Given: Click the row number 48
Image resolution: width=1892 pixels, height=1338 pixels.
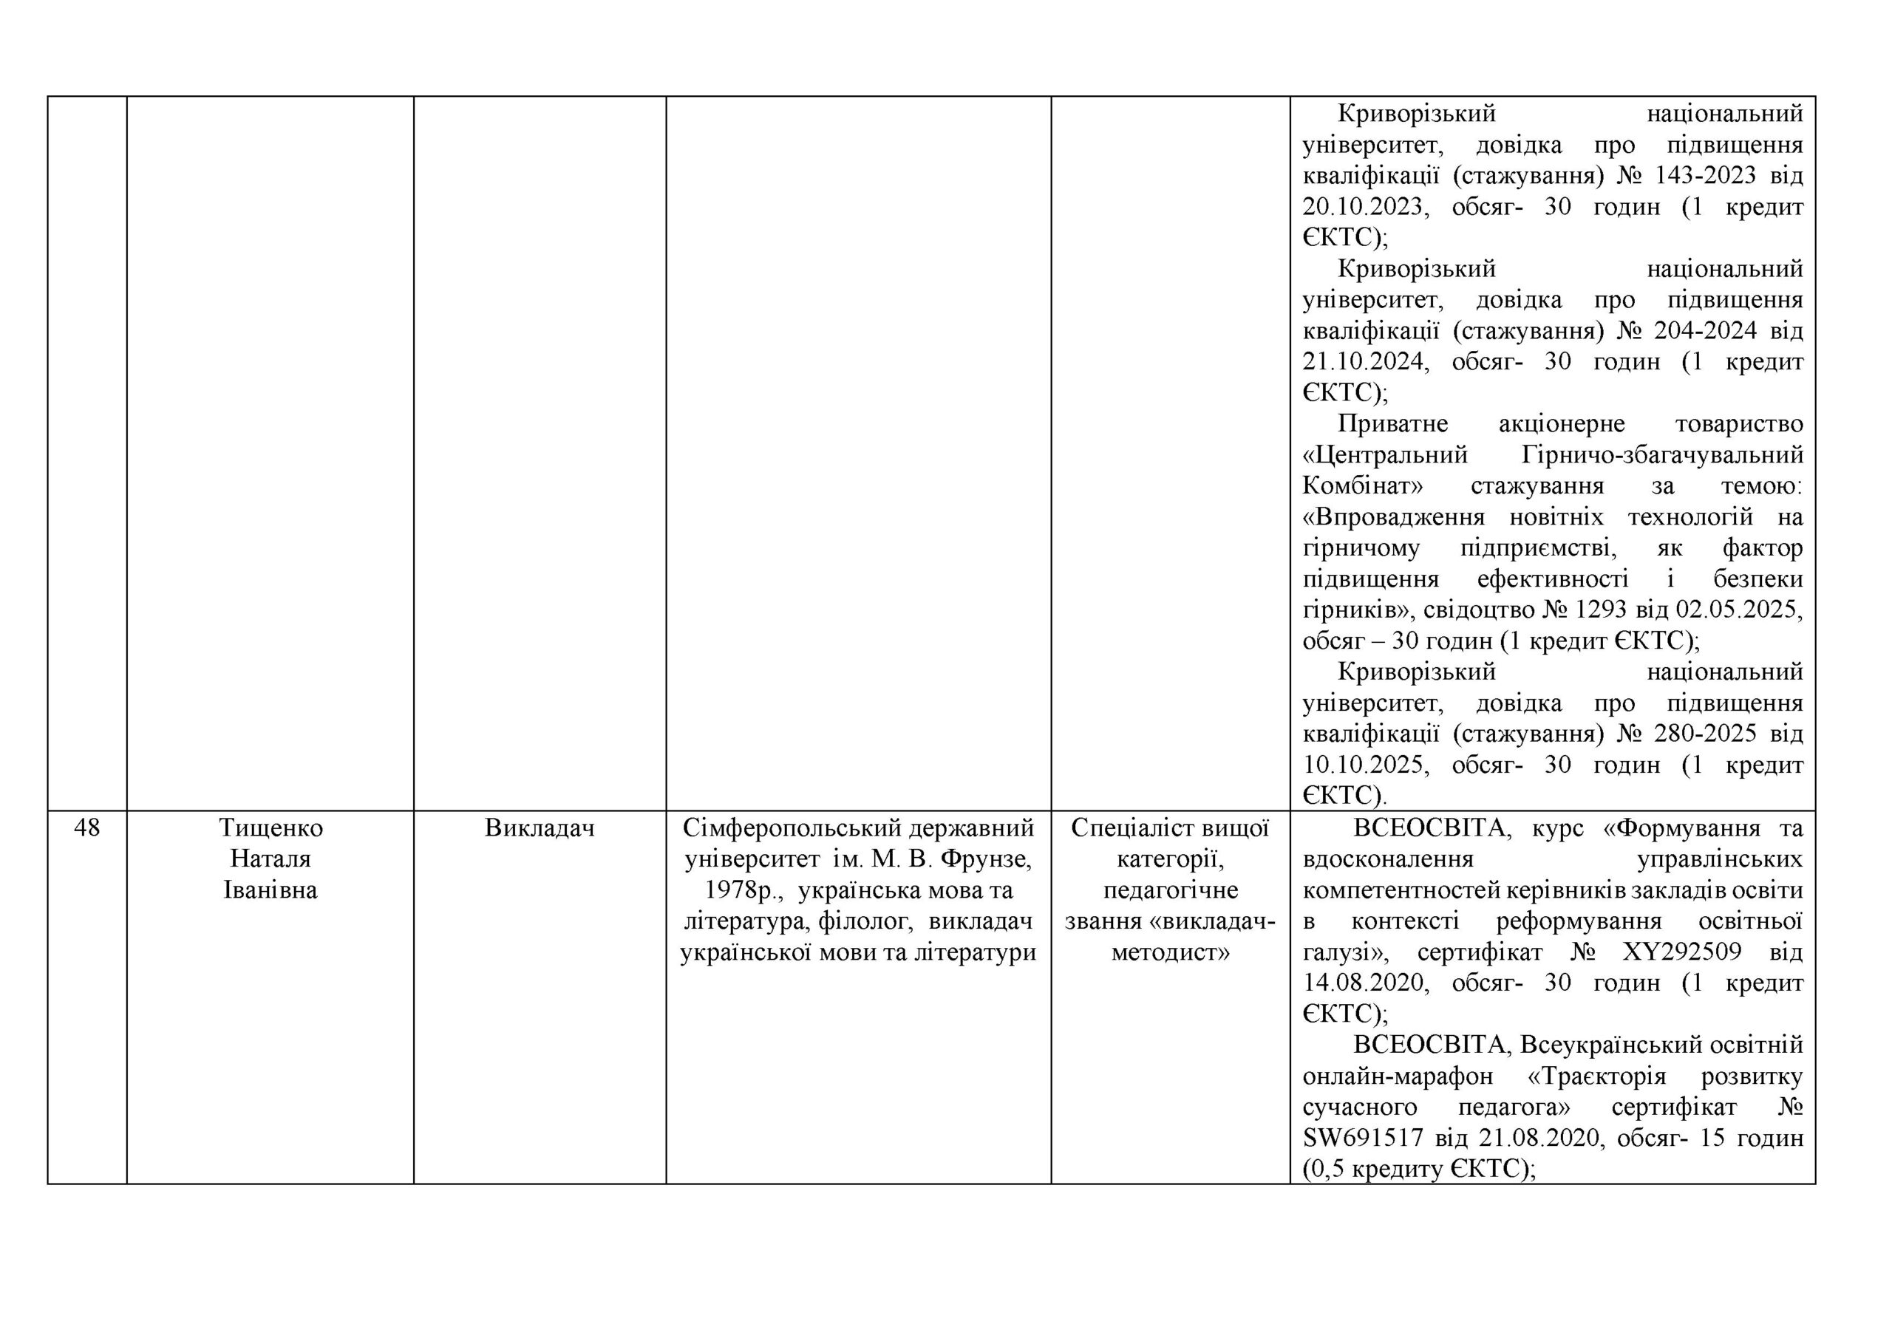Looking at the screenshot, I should click(86, 827).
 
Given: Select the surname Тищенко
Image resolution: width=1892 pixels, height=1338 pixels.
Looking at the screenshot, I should click(270, 827).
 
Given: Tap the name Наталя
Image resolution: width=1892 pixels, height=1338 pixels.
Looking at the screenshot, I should click(270, 859).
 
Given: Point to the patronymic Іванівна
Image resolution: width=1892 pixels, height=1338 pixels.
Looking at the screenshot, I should click(270, 890).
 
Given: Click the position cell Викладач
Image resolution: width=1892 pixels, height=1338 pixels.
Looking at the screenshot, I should click(540, 827).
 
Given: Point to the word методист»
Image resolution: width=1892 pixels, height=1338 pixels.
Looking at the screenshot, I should click(1170, 952).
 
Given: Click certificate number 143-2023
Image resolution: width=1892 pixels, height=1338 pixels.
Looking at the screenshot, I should click(1697, 176).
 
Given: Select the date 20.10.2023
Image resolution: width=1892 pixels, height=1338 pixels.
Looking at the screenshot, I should click(1363, 207).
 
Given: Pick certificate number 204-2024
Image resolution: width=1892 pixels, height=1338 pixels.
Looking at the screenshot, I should click(1697, 331).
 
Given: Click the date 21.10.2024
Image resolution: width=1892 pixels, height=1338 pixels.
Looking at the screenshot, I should click(1363, 362).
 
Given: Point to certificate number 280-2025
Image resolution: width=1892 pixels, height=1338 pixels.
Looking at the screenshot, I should click(1697, 733).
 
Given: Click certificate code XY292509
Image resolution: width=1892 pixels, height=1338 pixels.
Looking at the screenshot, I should click(1682, 952).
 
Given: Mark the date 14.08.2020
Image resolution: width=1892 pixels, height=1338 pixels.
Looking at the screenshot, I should click(1363, 983).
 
